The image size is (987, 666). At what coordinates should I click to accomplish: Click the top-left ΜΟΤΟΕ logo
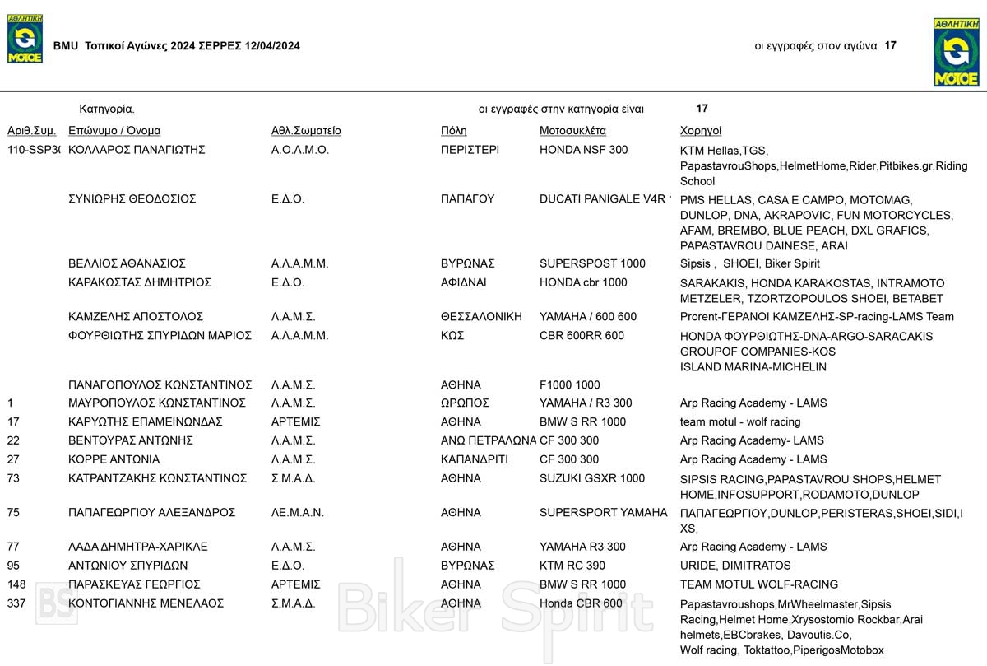[25, 39]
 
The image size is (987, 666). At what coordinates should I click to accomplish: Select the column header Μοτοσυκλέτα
[572, 130]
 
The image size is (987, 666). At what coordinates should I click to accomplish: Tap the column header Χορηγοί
[701, 130]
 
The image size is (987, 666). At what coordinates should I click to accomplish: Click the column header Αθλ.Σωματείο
[306, 130]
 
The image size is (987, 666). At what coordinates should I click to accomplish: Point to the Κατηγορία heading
[107, 109]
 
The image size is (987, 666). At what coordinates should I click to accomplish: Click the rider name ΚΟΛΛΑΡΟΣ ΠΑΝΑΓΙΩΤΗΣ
[137, 150]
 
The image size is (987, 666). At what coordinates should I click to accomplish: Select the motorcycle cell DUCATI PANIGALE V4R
[605, 198]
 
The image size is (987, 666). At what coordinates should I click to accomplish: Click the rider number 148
[16, 584]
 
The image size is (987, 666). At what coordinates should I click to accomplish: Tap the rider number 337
[16, 603]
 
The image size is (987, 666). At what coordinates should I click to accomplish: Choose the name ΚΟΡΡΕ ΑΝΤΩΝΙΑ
[114, 459]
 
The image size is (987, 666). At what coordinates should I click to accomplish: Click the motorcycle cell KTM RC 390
[572, 566]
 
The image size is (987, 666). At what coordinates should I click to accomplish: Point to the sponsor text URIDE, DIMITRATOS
[735, 566]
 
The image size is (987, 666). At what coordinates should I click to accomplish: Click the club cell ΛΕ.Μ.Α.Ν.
[298, 512]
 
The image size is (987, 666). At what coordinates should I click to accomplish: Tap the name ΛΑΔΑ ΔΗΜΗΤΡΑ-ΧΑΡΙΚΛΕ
[137, 547]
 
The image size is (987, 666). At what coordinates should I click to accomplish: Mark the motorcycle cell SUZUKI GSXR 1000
[592, 478]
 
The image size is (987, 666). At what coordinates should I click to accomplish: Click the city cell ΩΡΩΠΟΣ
[465, 403]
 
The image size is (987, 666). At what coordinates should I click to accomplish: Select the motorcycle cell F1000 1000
[570, 384]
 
